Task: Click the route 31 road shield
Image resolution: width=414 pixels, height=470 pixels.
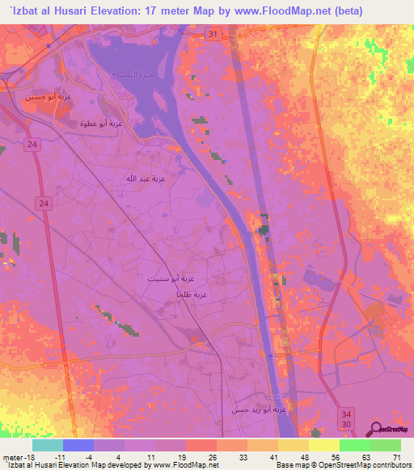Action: tap(211, 35)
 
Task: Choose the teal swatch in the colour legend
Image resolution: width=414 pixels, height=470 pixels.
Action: tap(47, 445)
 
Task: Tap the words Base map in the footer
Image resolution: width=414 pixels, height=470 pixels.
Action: tap(289, 465)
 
